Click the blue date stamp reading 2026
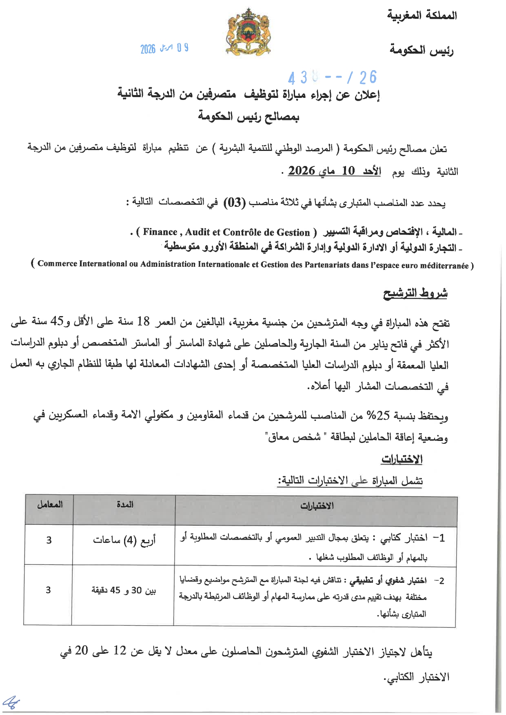click(x=164, y=49)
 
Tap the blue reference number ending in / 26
click(x=332, y=77)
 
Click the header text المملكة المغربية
click(x=422, y=16)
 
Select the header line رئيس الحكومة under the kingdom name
click(x=422, y=50)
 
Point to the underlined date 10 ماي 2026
click(x=335, y=171)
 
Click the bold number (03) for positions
click(x=235, y=203)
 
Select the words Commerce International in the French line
click(x=82, y=264)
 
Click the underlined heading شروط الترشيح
click(x=415, y=293)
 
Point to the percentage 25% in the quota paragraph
click(x=377, y=416)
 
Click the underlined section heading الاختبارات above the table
click(x=402, y=459)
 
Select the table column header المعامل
click(x=50, y=505)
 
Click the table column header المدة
click(x=124, y=505)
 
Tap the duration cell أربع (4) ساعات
click(x=124, y=540)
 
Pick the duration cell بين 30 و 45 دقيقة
click(x=123, y=590)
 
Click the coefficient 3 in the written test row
click(x=49, y=540)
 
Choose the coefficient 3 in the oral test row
click(x=48, y=590)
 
